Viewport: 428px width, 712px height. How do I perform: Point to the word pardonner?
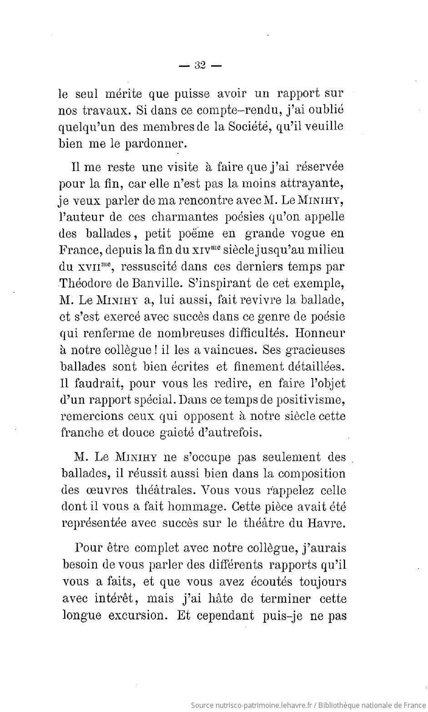pyautogui.click(x=148, y=145)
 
